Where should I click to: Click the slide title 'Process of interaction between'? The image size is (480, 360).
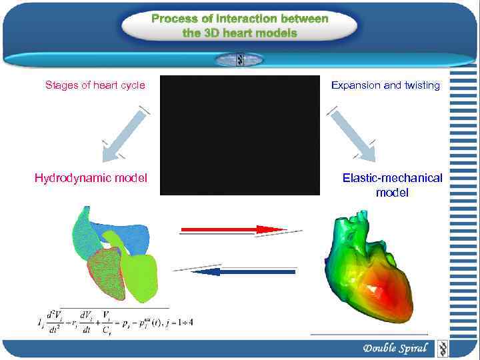click(x=239, y=19)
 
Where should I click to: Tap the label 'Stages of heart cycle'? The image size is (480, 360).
click(x=95, y=85)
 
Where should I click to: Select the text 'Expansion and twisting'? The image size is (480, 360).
click(x=385, y=85)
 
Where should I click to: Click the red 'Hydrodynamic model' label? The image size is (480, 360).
click(x=91, y=178)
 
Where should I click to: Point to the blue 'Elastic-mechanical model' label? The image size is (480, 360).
click(x=392, y=185)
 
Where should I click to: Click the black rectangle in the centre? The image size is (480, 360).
click(x=231, y=135)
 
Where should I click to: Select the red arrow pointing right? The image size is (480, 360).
click(x=233, y=230)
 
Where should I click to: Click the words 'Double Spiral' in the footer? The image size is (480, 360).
click(x=395, y=348)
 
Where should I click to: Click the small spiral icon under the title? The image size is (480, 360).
click(x=239, y=60)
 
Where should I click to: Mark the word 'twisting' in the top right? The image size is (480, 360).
click(x=421, y=85)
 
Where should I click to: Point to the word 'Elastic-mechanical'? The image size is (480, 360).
click(x=392, y=178)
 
